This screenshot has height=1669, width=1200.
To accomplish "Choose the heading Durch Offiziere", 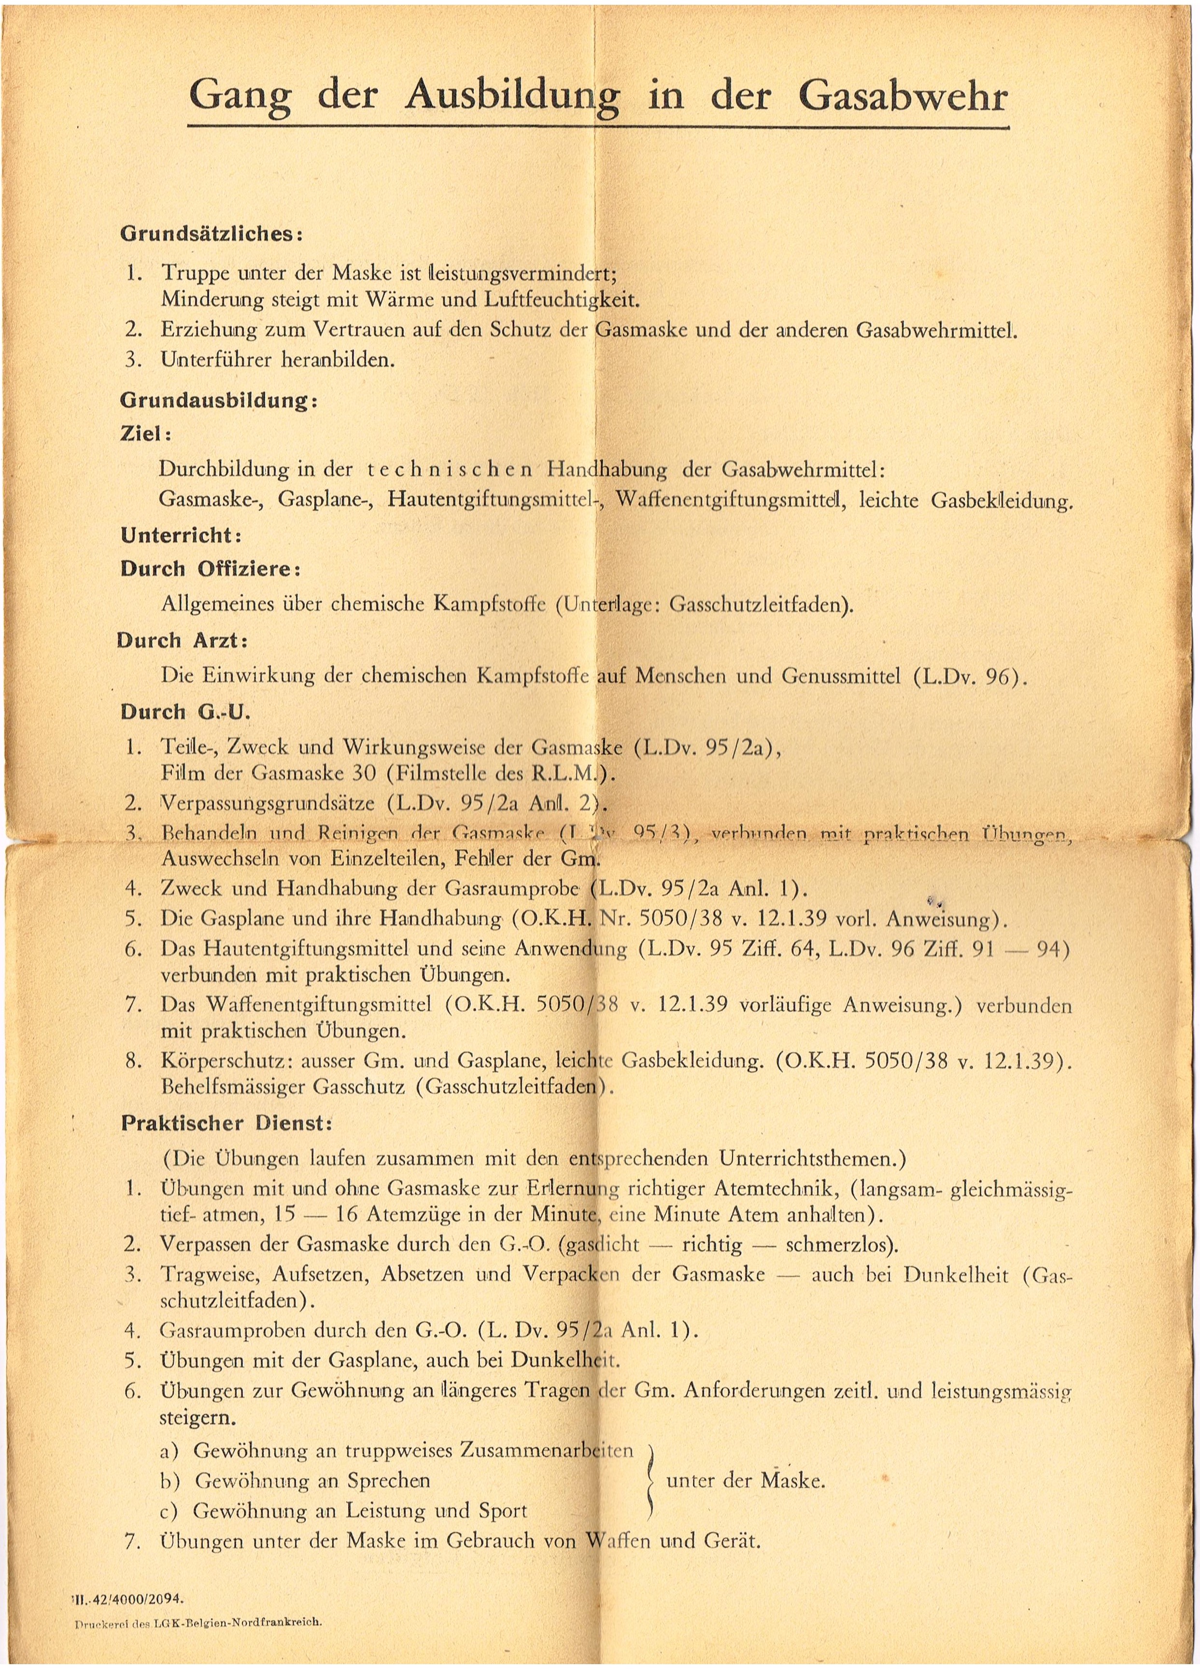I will [x=210, y=570].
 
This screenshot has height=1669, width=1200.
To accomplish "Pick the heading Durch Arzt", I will [x=182, y=641].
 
